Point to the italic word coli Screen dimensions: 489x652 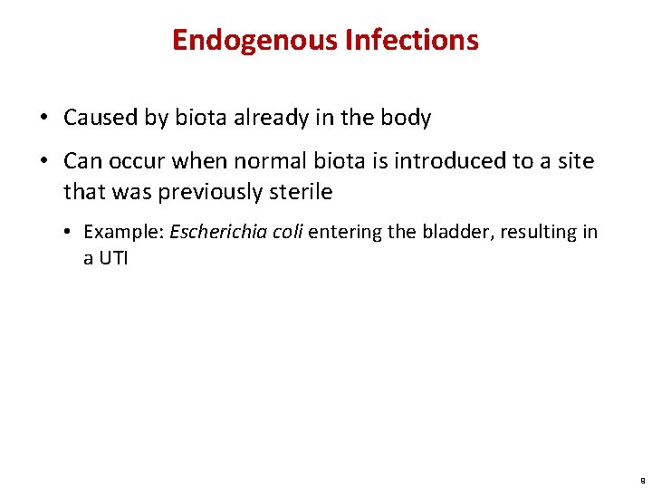click(288, 232)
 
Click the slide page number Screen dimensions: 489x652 click(641, 481)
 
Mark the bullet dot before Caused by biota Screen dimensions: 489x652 click(43, 119)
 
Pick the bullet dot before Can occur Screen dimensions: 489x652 click(43, 162)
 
